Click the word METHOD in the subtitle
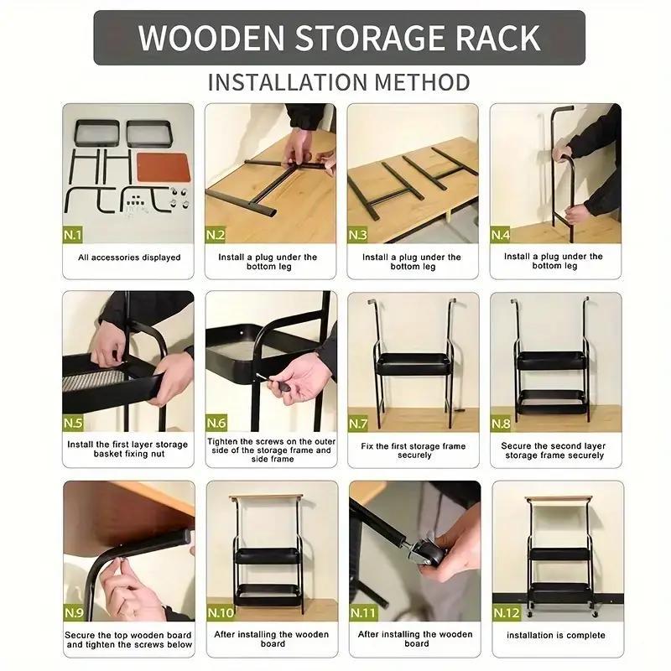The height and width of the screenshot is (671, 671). [422, 82]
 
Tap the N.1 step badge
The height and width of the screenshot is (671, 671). [73, 235]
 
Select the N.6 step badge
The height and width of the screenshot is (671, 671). [216, 423]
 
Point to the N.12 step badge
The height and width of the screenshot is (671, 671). [507, 613]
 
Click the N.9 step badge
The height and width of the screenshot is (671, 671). [74, 613]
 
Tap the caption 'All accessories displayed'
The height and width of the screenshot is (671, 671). [129, 257]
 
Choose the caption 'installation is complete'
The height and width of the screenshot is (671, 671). [556, 635]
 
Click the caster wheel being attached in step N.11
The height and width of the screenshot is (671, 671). [426, 556]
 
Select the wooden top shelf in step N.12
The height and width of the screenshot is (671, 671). [559, 499]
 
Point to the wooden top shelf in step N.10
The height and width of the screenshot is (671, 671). [266, 497]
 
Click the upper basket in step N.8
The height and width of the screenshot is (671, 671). [552, 361]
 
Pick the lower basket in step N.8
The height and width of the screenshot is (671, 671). [552, 402]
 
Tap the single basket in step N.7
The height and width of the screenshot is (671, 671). [414, 364]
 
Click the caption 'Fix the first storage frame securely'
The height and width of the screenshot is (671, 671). [414, 450]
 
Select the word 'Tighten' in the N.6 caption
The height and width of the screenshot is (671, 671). [223, 441]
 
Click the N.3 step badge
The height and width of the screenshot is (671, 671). [358, 235]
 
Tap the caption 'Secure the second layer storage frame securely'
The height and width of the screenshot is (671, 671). [554, 450]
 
